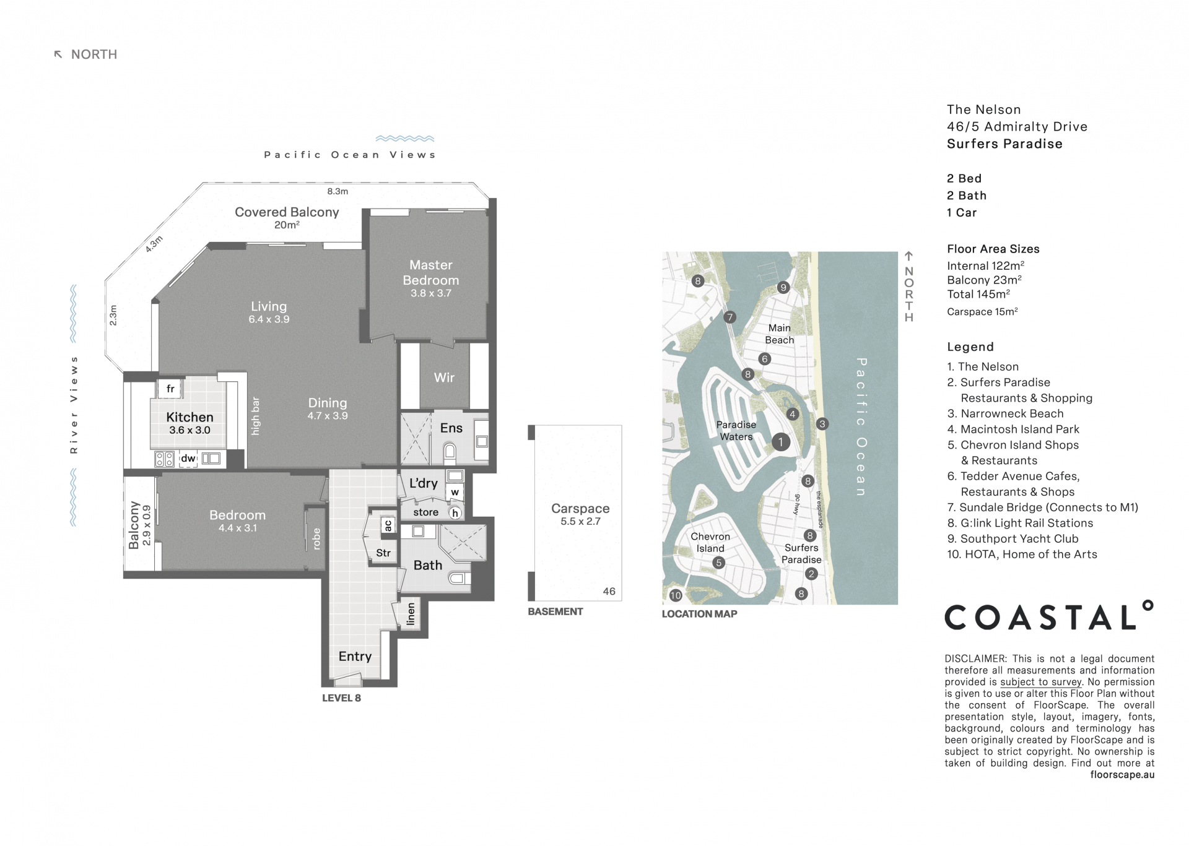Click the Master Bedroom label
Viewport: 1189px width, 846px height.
431,272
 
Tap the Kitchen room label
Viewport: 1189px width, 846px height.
189,417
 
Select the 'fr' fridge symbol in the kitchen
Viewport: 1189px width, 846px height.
170,389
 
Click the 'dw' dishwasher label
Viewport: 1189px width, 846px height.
188,459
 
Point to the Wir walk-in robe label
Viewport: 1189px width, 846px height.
444,378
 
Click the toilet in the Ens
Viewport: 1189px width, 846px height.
450,454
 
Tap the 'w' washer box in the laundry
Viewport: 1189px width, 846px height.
455,493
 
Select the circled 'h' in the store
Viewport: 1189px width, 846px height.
455,513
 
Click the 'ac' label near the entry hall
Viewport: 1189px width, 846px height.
388,525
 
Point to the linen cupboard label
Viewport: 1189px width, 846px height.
411,614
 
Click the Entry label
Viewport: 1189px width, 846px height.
355,657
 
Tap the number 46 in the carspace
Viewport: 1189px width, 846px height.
609,591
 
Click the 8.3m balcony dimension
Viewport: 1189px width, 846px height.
338,191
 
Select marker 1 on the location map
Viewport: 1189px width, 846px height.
781,442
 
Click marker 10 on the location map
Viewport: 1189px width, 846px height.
675,595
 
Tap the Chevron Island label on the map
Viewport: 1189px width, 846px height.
710,542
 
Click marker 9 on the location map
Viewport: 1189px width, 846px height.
783,287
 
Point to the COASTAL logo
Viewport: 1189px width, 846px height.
1049,616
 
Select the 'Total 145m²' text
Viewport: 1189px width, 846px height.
978,294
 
